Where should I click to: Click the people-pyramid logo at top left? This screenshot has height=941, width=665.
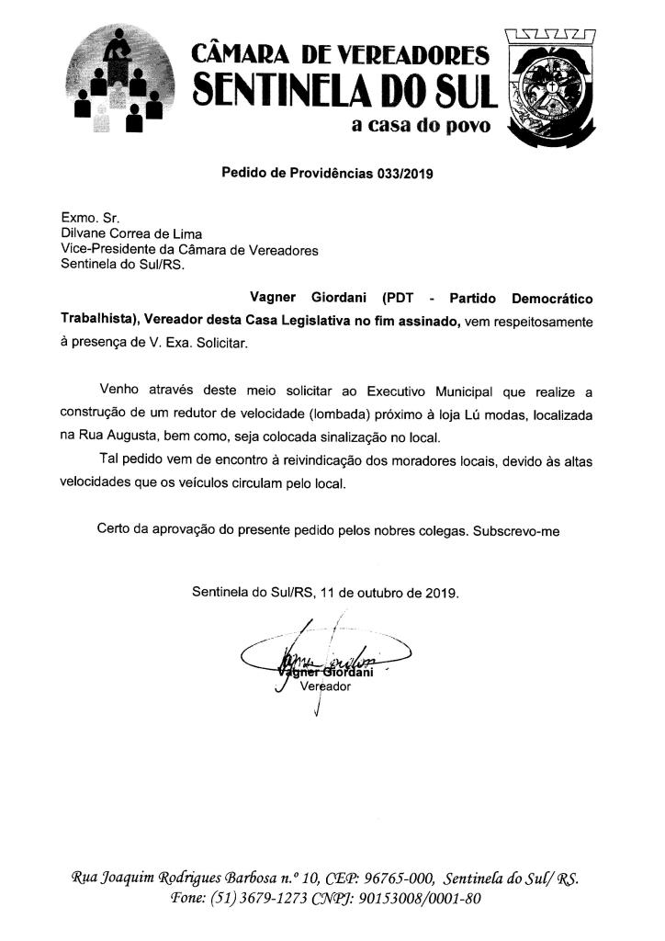[x=122, y=80]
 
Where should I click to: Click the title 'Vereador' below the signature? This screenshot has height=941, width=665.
[x=325, y=686]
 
